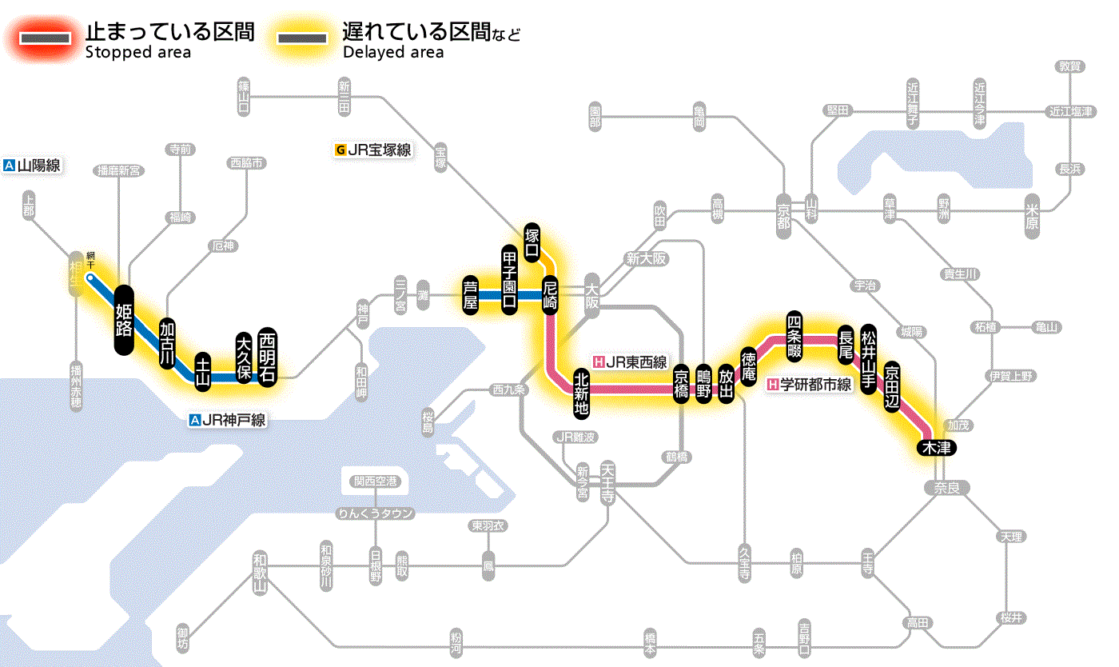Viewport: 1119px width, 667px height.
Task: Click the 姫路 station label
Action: click(x=124, y=320)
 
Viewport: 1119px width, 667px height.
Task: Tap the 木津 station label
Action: click(x=937, y=447)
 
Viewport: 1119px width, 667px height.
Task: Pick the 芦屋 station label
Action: click(x=470, y=296)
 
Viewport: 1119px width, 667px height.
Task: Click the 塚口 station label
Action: click(x=532, y=242)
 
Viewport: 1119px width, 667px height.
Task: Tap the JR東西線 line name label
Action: click(x=630, y=361)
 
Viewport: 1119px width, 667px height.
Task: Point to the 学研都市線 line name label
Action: click(x=810, y=384)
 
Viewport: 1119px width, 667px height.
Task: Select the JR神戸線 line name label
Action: click(x=227, y=419)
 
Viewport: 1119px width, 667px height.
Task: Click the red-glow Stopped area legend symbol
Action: click(x=50, y=38)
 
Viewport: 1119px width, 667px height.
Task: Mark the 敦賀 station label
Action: click(x=1070, y=67)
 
